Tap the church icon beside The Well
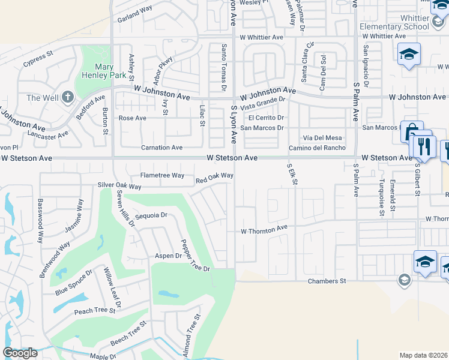(x=68, y=97)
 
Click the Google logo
(x=20, y=353)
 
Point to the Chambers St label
(x=327, y=281)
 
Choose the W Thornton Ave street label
(x=265, y=230)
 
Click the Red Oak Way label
(x=214, y=178)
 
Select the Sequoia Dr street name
(x=151, y=215)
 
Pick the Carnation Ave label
(x=161, y=148)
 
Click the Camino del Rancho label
(x=317, y=148)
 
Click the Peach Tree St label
(x=94, y=311)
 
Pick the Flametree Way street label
(x=162, y=175)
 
